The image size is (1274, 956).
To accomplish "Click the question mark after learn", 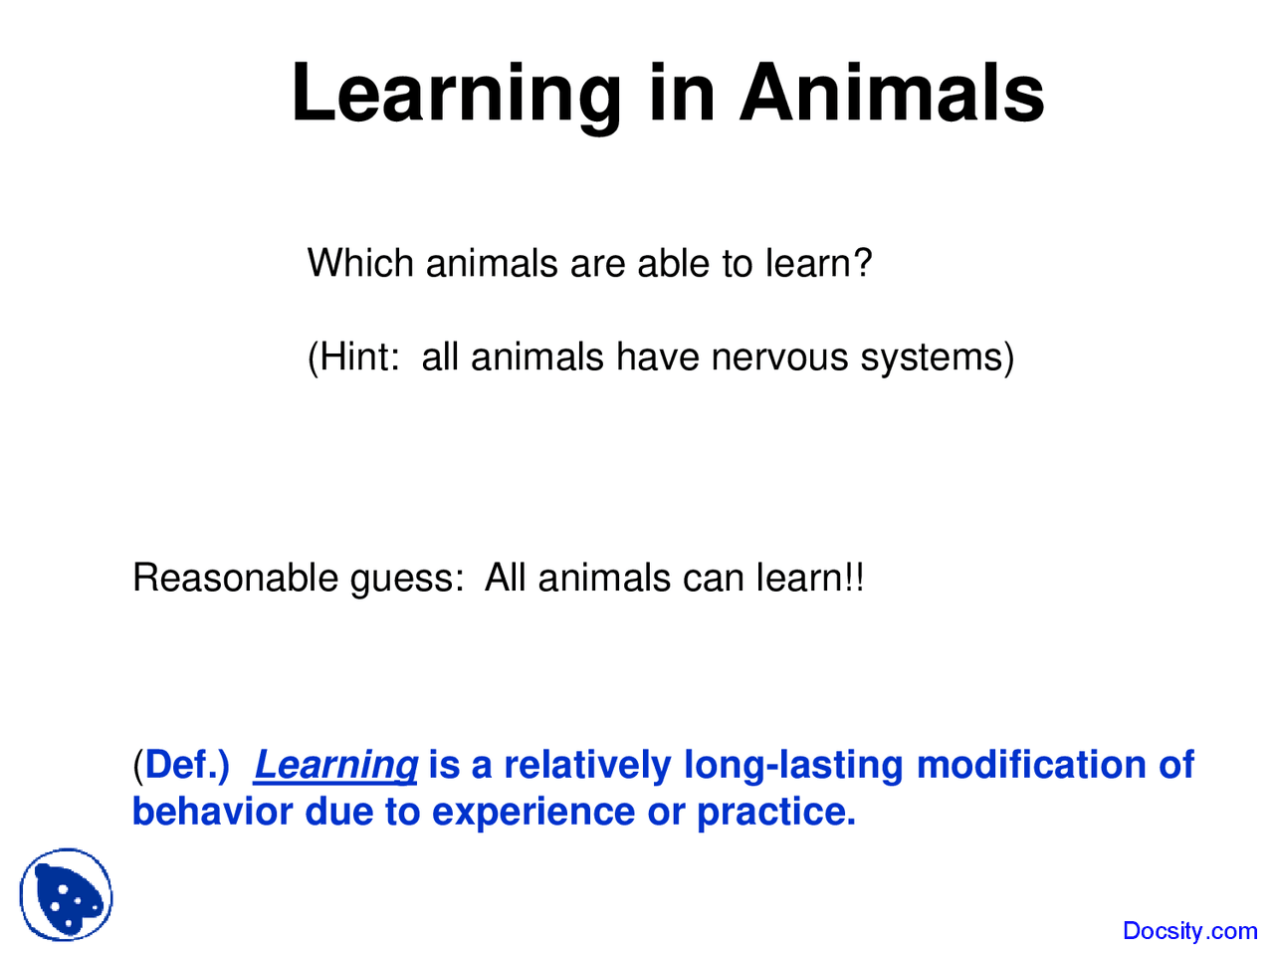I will (862, 264).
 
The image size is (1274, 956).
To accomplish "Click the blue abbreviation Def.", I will (185, 765).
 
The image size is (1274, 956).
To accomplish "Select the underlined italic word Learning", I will (335, 765).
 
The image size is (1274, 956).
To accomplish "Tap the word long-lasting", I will (793, 765).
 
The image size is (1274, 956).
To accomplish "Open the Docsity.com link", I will (1189, 931).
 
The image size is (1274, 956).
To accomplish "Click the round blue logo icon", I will (67, 895).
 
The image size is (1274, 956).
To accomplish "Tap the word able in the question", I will (675, 264).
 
